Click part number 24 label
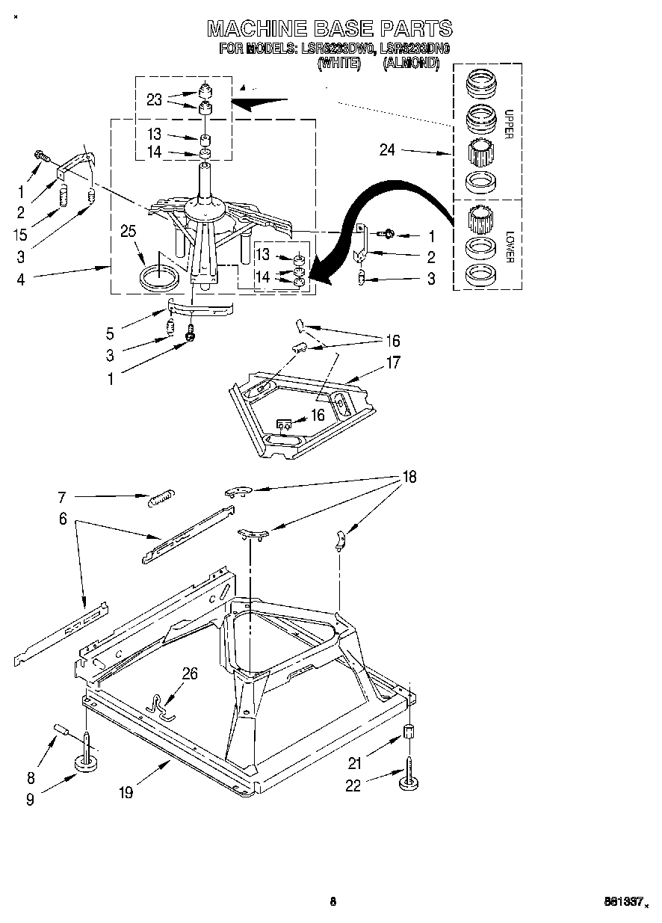tap(387, 149)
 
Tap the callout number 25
tap(129, 232)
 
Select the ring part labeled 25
tap(159, 278)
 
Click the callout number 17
tap(392, 363)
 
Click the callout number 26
tap(190, 674)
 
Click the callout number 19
tap(126, 792)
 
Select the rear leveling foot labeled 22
tap(409, 780)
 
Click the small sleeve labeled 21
tap(409, 732)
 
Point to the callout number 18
tap(409, 477)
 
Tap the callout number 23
tap(154, 99)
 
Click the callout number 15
tap(20, 235)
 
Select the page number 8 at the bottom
tap(332, 901)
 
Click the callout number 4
tap(20, 280)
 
